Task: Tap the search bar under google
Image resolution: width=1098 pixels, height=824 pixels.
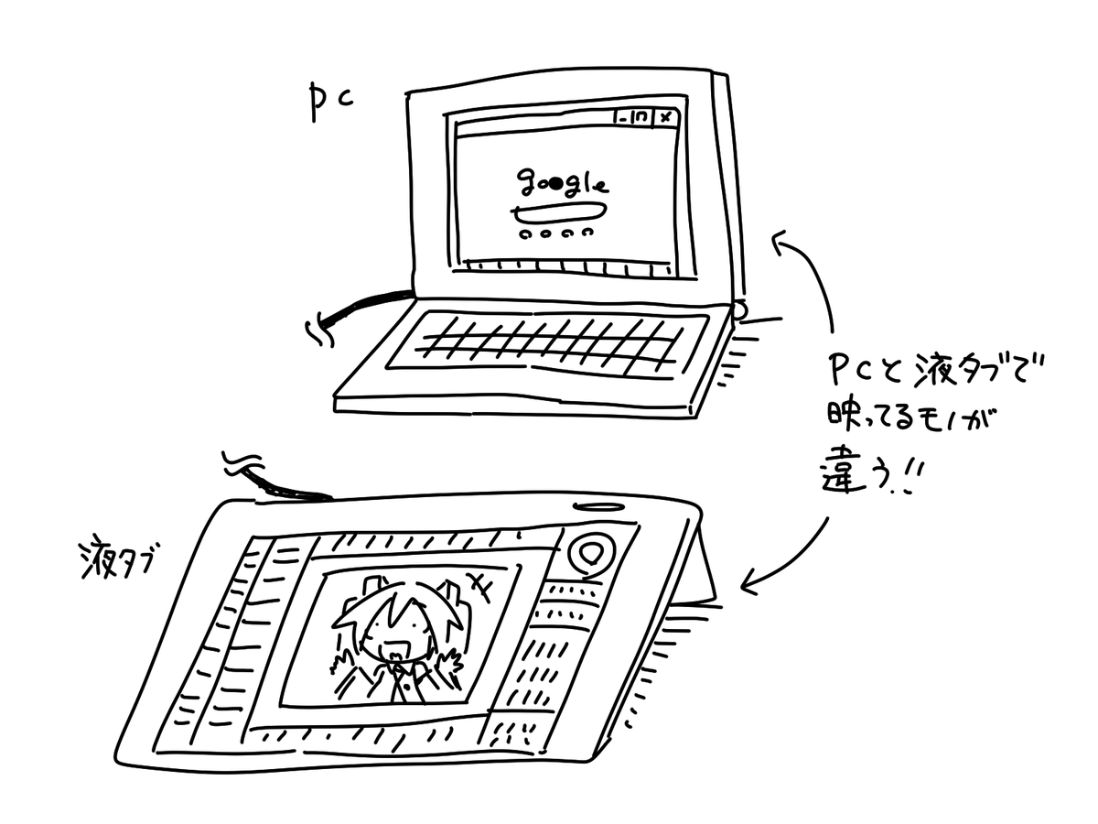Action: (558, 213)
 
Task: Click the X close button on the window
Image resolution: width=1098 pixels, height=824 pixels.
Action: (665, 117)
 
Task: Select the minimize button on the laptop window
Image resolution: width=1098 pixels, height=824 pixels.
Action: (623, 118)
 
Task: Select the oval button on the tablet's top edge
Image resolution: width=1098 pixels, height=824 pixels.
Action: (599, 506)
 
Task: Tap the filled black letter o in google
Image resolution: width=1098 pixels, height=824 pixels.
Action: (555, 181)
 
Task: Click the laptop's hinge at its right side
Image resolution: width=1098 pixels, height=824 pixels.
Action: (739, 309)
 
